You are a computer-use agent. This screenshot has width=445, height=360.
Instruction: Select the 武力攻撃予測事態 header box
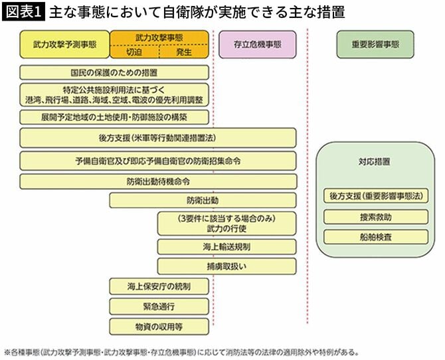pyautogui.click(x=64, y=44)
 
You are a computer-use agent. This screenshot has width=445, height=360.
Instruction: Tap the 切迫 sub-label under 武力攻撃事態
pyautogui.click(x=134, y=51)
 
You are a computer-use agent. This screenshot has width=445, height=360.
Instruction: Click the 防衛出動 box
pyautogui.click(x=203, y=200)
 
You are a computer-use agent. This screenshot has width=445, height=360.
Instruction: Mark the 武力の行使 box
pyautogui.click(x=226, y=223)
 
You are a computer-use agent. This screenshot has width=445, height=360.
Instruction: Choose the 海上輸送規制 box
pyautogui.click(x=226, y=246)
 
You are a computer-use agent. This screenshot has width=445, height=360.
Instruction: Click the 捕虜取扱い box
pyautogui.click(x=226, y=266)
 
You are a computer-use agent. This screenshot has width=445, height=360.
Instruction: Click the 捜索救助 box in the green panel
pyautogui.click(x=376, y=217)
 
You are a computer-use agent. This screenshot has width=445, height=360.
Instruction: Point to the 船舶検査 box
pyautogui.click(x=376, y=236)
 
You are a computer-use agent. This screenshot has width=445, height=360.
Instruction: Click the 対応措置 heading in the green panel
pyautogui.click(x=376, y=161)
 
